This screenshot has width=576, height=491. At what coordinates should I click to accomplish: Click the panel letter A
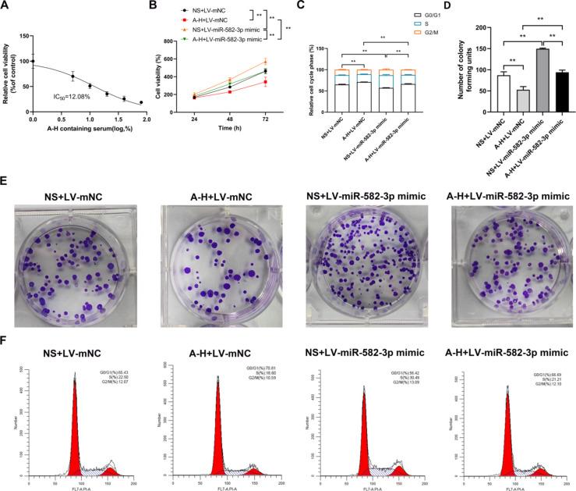pos(6,7)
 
